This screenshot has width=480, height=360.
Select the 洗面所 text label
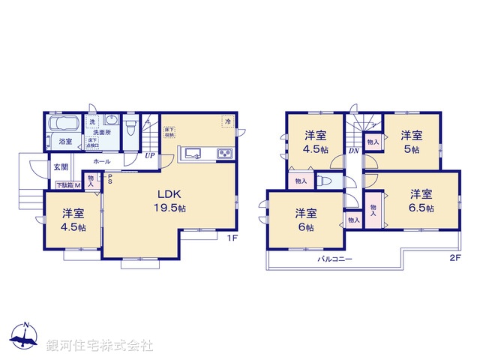click(102, 132)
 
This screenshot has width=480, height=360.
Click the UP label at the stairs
click(150, 156)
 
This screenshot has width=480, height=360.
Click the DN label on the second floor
click(353, 151)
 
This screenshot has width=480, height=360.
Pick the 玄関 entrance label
click(61, 167)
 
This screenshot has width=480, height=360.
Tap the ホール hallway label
click(102, 161)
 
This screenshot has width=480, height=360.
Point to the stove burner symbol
click(224, 154)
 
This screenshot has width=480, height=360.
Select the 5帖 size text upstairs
click(410, 149)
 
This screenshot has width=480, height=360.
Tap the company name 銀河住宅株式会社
click(100, 346)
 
